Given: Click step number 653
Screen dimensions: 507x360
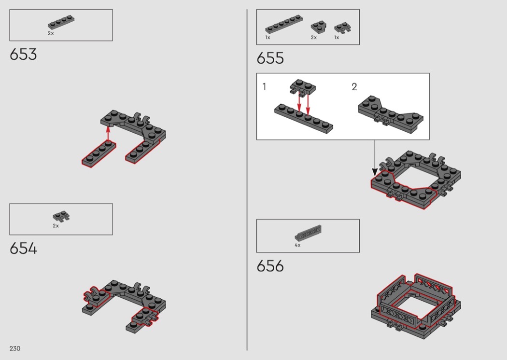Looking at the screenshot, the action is [x=23, y=55].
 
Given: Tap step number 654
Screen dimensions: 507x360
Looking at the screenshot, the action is [x=23, y=249].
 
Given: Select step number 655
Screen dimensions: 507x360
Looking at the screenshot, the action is [x=270, y=58].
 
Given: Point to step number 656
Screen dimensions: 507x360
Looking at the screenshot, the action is [x=270, y=266].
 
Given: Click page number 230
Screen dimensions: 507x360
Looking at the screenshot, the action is [x=15, y=348].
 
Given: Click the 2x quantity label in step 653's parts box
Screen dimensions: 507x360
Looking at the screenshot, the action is [x=51, y=33].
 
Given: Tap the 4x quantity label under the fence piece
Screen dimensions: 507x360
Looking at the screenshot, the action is [x=297, y=245].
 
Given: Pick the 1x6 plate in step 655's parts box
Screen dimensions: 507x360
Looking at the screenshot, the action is [x=284, y=24].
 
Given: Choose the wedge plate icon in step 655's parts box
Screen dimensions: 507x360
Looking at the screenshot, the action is [x=319, y=28].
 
